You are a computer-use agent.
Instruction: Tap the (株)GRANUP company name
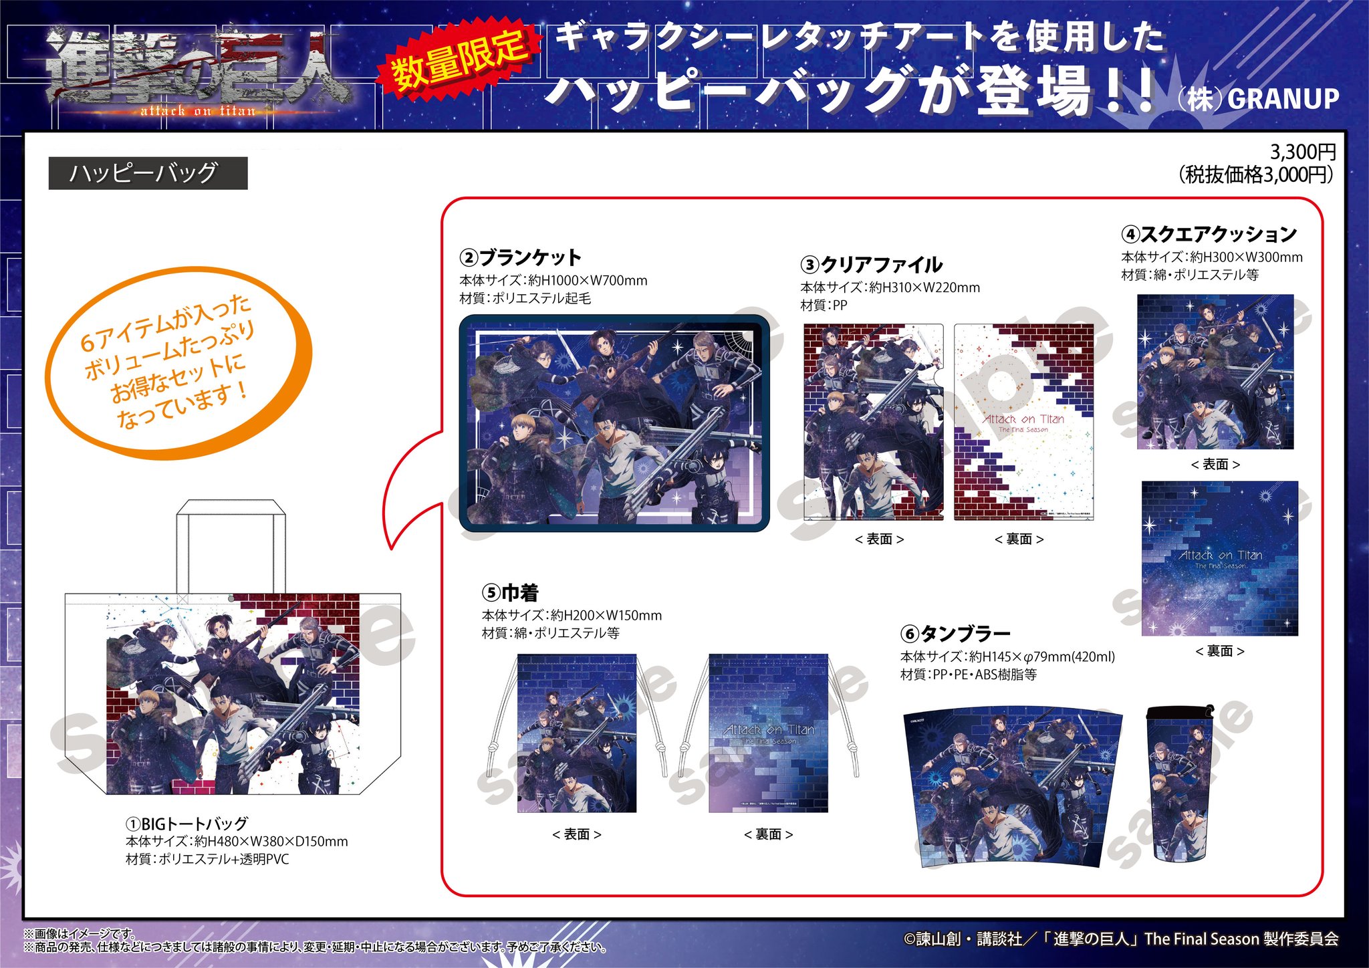1258,99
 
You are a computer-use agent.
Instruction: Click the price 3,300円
1302,152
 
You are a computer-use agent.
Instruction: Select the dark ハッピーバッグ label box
148,173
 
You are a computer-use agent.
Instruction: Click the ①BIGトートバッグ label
187,824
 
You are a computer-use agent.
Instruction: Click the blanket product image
614,423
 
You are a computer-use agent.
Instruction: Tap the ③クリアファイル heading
871,265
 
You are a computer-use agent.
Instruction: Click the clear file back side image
1023,422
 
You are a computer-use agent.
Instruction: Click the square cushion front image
1215,372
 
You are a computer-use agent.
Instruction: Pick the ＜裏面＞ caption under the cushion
1219,651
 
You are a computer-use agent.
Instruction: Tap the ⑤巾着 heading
510,592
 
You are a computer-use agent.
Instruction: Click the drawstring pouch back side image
768,733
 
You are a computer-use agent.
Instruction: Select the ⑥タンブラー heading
955,633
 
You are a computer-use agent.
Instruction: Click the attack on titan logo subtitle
198,111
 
